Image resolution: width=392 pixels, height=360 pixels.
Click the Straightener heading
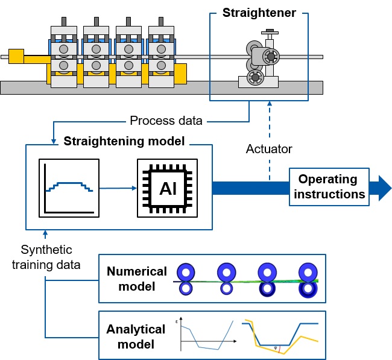[259, 13]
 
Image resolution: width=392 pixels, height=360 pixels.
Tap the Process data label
[166, 121]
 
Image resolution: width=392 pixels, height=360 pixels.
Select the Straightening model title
[124, 141]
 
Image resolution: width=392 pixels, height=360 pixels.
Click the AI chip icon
[167, 188]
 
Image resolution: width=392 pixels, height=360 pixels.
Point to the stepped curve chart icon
[69, 188]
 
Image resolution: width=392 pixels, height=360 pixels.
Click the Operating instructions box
[329, 187]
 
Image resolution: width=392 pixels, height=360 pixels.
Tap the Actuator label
[269, 150]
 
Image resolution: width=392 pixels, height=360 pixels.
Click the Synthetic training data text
[46, 257]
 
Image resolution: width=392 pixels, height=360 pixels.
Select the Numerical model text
[136, 279]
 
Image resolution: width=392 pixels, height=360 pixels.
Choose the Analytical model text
[136, 336]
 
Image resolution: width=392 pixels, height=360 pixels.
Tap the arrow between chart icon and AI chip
[118, 188]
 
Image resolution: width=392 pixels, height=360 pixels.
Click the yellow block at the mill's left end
[16, 56]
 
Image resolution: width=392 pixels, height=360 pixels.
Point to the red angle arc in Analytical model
[280, 349]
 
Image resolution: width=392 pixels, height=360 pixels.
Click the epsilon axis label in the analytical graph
[177, 322]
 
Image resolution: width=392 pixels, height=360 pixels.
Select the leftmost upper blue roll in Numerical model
[186, 273]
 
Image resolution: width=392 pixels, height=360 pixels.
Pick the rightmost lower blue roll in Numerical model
[308, 289]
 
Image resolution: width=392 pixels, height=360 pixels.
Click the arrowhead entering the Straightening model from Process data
[54, 142]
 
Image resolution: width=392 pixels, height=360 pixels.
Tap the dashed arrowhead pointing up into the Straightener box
[270, 103]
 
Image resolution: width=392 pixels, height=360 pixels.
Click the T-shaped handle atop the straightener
[270, 32]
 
